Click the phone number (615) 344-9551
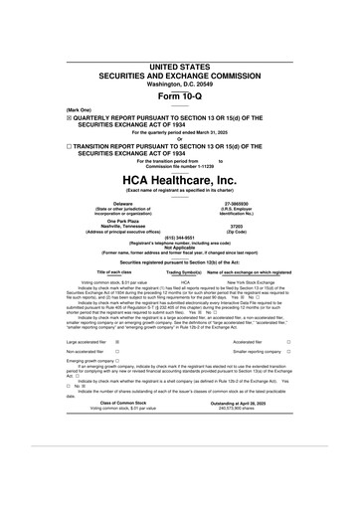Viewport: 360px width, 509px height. [179, 238]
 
